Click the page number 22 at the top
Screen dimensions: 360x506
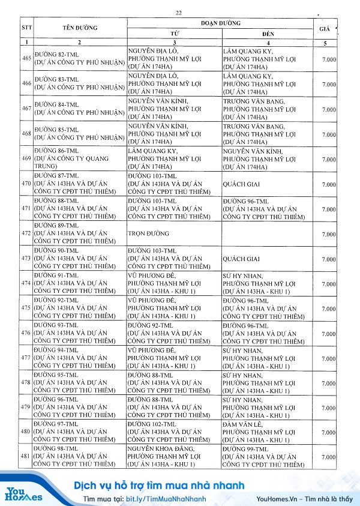pyautogui.click(x=179, y=13)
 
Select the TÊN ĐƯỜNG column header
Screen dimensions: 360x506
pyautogui.click(x=79, y=28)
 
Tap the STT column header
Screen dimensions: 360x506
pyautogui.click(x=26, y=28)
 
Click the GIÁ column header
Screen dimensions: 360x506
pyautogui.click(x=325, y=28)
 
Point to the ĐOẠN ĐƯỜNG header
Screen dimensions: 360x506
pyautogui.click(x=220, y=23)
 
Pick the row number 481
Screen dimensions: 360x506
pyautogui.click(x=26, y=457)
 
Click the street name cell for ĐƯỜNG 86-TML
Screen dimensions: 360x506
pyautogui.click(x=79, y=158)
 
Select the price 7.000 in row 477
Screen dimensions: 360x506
pyautogui.click(x=328, y=358)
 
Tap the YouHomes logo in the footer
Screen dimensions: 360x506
pyautogui.click(x=24, y=493)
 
